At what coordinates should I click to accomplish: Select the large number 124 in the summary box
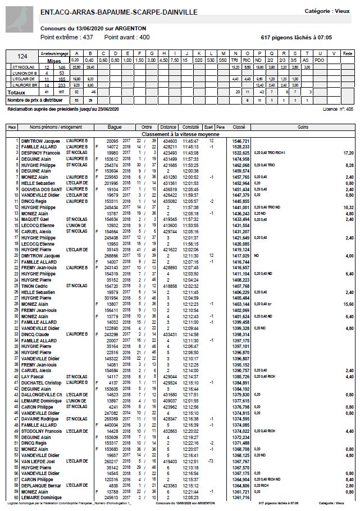point(22,56)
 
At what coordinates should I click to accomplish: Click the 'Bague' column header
point(115,127)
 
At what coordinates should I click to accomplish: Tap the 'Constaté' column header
point(190,127)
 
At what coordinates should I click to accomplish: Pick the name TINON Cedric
point(35,286)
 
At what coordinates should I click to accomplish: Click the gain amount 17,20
point(348,152)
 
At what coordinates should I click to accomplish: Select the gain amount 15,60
point(348,304)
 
